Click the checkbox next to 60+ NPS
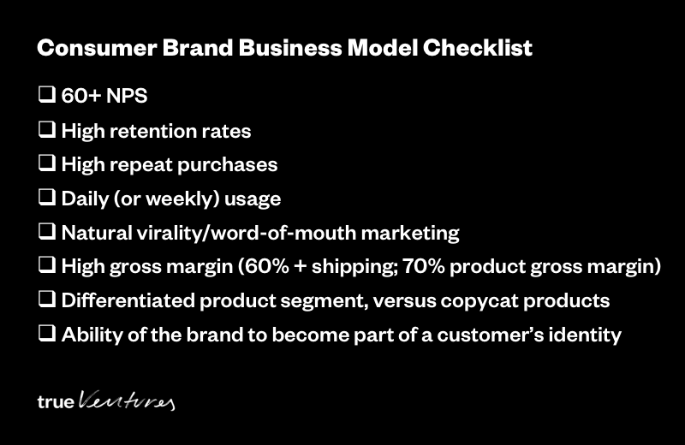(x=47, y=94)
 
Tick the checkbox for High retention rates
(x=47, y=130)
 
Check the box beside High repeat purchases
(x=47, y=163)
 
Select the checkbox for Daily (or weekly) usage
(x=47, y=198)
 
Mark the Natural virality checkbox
(x=47, y=231)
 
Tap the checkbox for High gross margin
(x=47, y=265)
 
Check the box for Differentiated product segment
(x=47, y=300)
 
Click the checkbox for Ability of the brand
(x=47, y=334)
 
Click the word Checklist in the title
(x=478, y=48)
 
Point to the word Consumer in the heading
(x=97, y=48)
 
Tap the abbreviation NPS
(x=127, y=96)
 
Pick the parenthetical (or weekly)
(x=166, y=199)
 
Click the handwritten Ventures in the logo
(x=127, y=400)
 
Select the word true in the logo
(x=56, y=401)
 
